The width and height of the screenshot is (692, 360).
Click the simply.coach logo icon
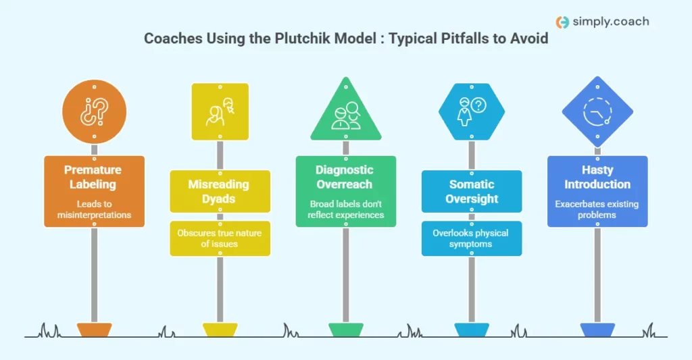point(562,22)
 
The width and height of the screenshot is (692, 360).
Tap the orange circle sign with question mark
point(94,112)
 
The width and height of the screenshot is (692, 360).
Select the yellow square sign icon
point(220,111)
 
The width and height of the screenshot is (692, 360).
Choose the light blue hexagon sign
point(471,111)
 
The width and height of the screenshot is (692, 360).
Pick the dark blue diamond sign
point(597,111)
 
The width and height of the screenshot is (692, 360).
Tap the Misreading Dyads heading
point(220,191)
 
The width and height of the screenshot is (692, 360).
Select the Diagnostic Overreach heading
point(345,177)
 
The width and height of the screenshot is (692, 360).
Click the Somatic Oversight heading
point(472,191)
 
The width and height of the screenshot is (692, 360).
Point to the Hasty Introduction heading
point(597,177)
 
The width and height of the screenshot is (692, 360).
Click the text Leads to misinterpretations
point(95,209)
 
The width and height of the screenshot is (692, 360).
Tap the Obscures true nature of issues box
point(220,238)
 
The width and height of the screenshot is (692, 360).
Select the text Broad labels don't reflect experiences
point(345,209)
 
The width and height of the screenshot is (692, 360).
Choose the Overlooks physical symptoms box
point(472,238)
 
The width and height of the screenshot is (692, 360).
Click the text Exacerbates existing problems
point(597,209)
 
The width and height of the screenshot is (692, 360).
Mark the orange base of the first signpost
point(94,330)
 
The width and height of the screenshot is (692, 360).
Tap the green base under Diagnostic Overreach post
point(345,330)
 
